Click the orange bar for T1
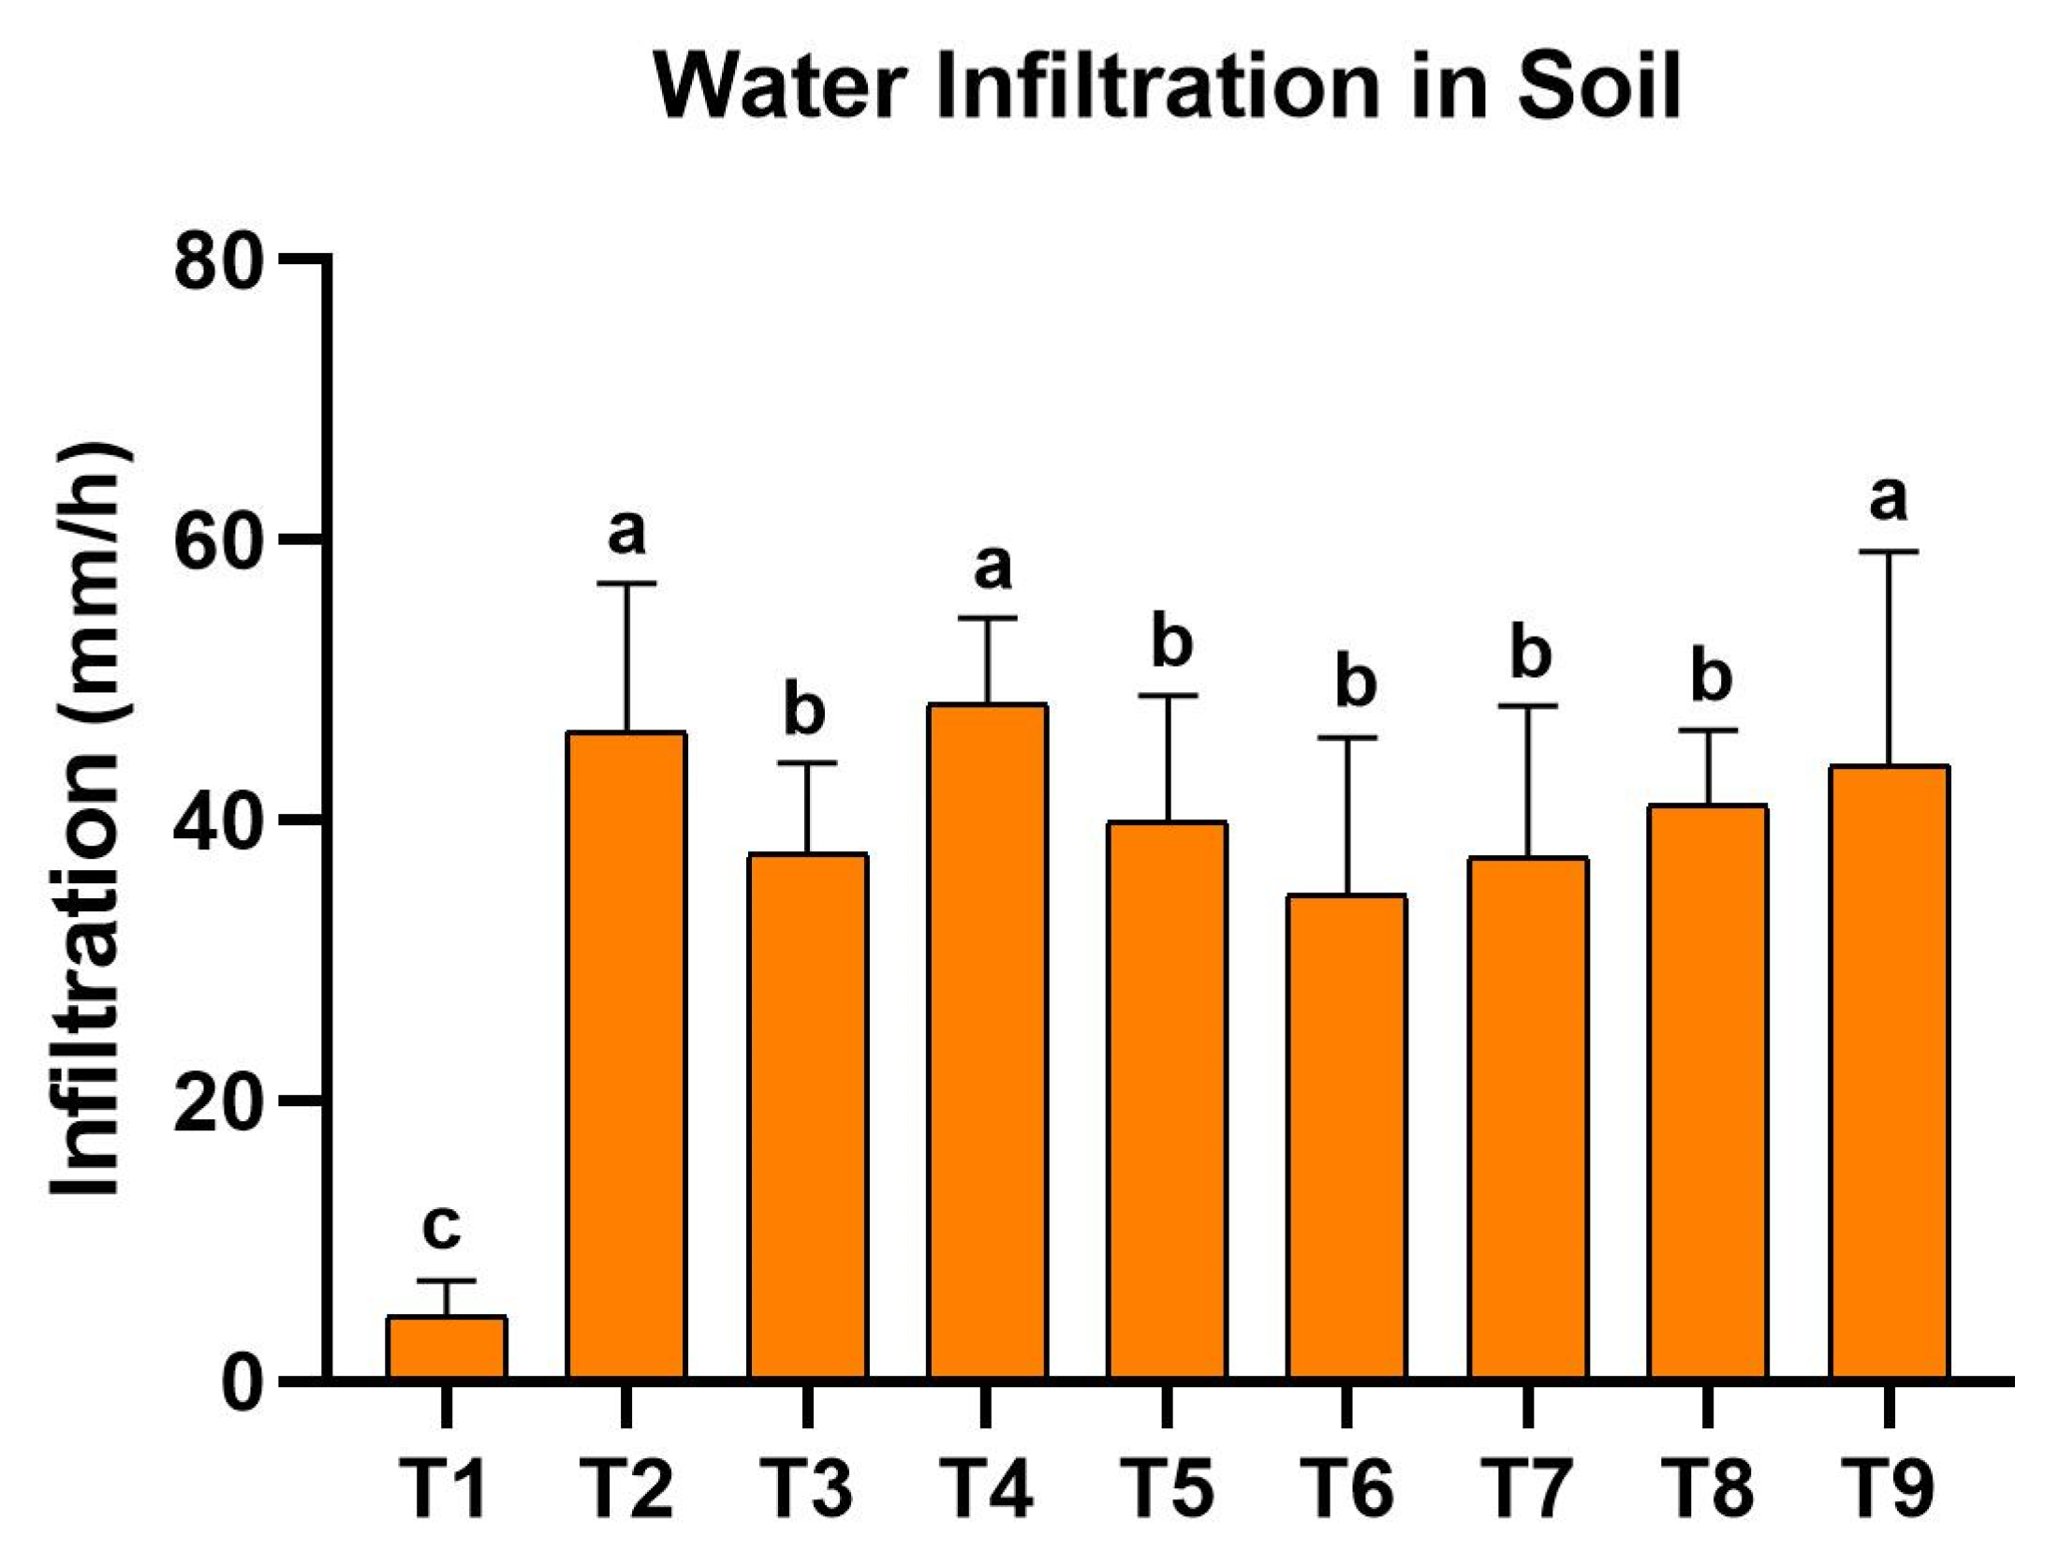(447, 1348)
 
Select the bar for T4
(987, 1041)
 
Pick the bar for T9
(1889, 1071)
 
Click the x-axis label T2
(626, 1489)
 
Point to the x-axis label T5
(1168, 1489)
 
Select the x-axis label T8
(1708, 1489)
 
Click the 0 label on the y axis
(242, 1383)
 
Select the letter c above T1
(441, 1227)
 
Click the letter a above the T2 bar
(626, 533)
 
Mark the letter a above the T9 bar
(1888, 499)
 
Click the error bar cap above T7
(1527, 705)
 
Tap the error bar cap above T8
(1708, 730)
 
